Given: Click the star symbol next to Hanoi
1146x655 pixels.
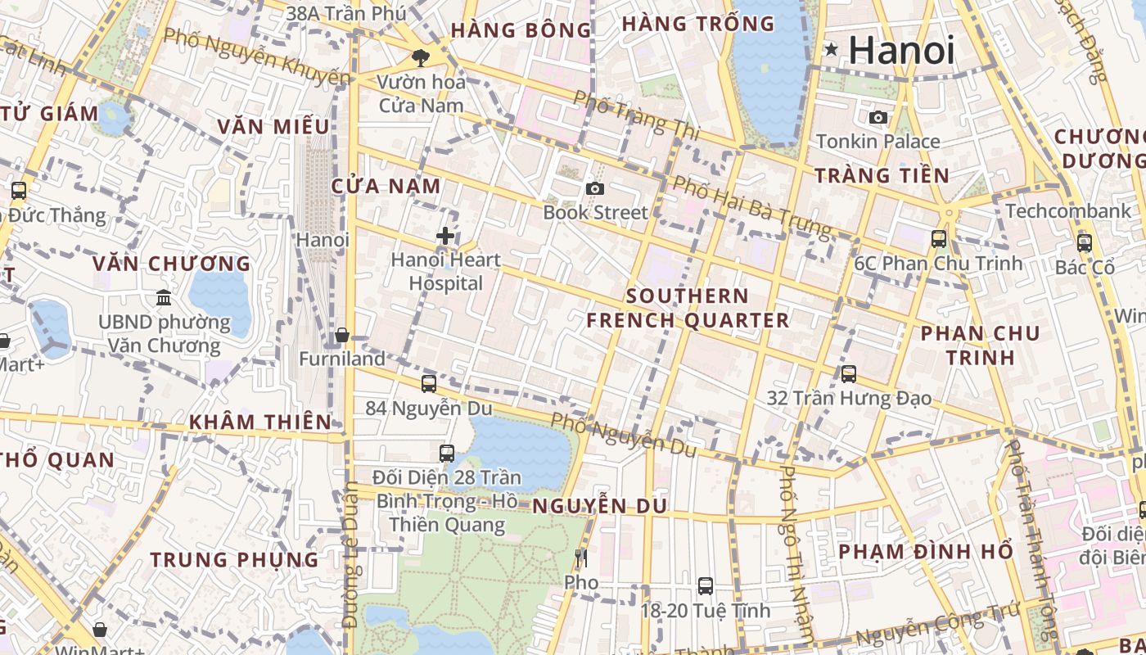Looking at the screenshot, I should pyautogui.click(x=832, y=50).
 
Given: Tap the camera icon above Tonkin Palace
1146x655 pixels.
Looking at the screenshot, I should pyautogui.click(x=878, y=117).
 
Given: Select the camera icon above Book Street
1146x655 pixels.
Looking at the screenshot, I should pyautogui.click(x=595, y=188).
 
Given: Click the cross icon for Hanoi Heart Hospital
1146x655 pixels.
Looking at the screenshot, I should pyautogui.click(x=445, y=236).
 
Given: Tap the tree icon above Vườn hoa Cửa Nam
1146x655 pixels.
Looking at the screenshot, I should pyautogui.click(x=421, y=57).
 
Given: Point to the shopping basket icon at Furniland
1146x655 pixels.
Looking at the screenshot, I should pyautogui.click(x=342, y=335).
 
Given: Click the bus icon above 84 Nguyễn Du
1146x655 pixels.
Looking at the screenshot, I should pyautogui.click(x=428, y=383).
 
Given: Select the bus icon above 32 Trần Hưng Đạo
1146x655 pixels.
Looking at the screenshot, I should pyautogui.click(x=849, y=374).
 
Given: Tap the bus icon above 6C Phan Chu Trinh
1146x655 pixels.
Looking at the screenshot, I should pyautogui.click(x=939, y=239).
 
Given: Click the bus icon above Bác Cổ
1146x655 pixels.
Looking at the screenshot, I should pyautogui.click(x=1085, y=242).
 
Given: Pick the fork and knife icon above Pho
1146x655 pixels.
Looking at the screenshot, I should pyautogui.click(x=581, y=558).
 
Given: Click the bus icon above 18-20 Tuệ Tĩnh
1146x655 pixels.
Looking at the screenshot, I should pyautogui.click(x=705, y=586).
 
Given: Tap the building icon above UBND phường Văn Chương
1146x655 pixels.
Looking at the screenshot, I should pyautogui.click(x=164, y=297).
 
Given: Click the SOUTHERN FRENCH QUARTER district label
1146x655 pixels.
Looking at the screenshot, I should pyautogui.click(x=688, y=308).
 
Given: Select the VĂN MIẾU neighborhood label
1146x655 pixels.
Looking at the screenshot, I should pyautogui.click(x=273, y=126).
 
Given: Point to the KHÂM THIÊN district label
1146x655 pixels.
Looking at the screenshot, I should pyautogui.click(x=260, y=422).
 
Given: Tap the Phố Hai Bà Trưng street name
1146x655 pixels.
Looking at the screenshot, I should pyautogui.click(x=751, y=205).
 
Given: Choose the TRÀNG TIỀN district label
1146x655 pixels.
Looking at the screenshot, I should pyautogui.click(x=882, y=175).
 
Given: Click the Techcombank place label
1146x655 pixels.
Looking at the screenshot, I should pyautogui.click(x=1068, y=211).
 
